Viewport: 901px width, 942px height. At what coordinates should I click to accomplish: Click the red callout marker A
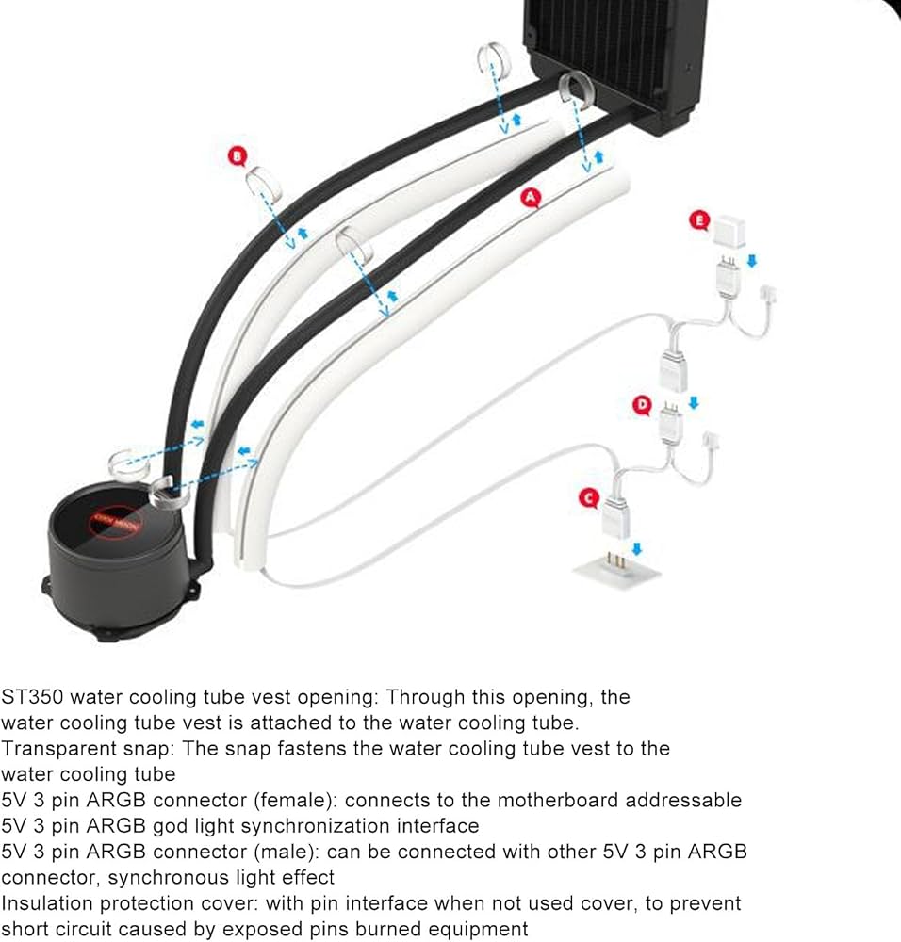click(531, 197)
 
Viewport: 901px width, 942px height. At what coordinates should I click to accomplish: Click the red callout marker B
click(237, 155)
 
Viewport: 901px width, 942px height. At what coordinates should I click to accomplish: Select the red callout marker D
click(642, 405)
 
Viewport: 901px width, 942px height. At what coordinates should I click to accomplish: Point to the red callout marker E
click(698, 220)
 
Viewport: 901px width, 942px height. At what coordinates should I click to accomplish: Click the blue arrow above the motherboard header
click(638, 549)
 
